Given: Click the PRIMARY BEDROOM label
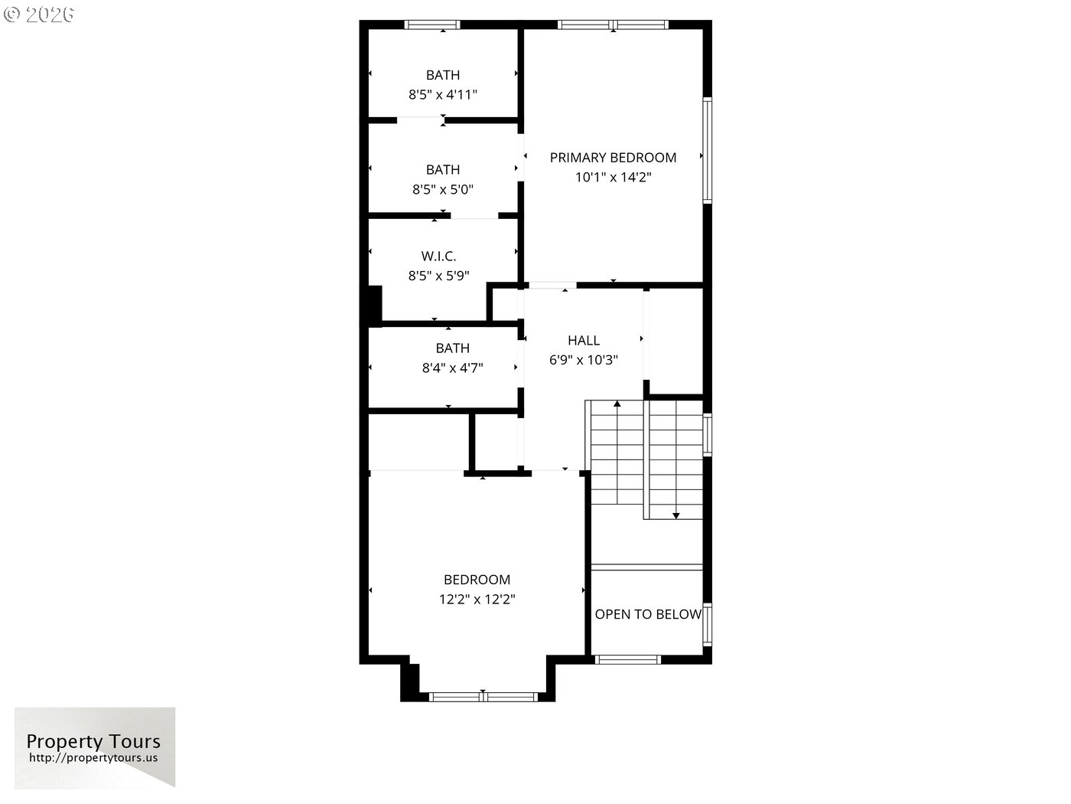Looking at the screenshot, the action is point(613,158).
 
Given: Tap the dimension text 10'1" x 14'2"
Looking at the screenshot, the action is point(613,177).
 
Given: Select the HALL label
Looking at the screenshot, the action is point(584,340).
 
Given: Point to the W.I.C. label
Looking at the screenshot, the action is point(438,256).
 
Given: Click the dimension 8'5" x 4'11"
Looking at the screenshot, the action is point(442,94).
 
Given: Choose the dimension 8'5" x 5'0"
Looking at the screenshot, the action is point(442,189).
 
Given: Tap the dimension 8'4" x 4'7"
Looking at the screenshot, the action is point(452,368).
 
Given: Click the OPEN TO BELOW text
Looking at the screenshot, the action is point(648,614).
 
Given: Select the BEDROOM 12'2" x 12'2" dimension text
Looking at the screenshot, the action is point(477,599).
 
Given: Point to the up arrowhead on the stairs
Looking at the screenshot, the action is point(617,404).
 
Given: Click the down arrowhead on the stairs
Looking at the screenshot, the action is point(675,515).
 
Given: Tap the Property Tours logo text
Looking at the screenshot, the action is point(93,741).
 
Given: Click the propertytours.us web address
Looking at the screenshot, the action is point(93,757).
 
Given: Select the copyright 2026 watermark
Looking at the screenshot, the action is point(38,15).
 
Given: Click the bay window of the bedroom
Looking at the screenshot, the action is point(483,697).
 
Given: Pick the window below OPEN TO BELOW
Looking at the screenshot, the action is point(627,659).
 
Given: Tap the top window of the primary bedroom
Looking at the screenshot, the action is point(614,25).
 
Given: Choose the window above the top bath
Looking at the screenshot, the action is point(432,25).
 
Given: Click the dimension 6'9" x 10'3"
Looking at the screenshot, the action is point(584,360).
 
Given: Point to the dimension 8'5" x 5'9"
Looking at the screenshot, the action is point(438,276).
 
